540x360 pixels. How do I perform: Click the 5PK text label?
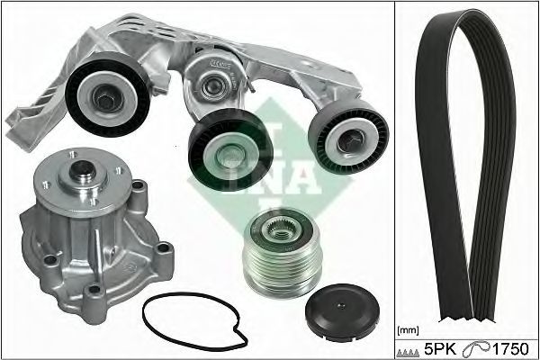point(440,349)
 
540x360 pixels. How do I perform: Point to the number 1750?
point(510,349)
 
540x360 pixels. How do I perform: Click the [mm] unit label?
point(408,330)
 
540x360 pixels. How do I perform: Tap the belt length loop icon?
point(476,349)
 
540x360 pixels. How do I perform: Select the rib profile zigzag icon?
point(408,352)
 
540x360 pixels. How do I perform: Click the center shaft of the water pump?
point(82,169)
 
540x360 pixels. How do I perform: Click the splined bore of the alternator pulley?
point(280,228)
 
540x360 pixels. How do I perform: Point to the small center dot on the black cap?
point(341,305)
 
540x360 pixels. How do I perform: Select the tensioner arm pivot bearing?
point(214,86)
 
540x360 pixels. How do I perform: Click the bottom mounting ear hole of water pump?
point(94,290)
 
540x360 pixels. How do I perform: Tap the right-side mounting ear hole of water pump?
point(163,248)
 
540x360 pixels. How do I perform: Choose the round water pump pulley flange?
point(83,181)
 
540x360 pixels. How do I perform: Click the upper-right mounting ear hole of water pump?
point(138,185)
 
